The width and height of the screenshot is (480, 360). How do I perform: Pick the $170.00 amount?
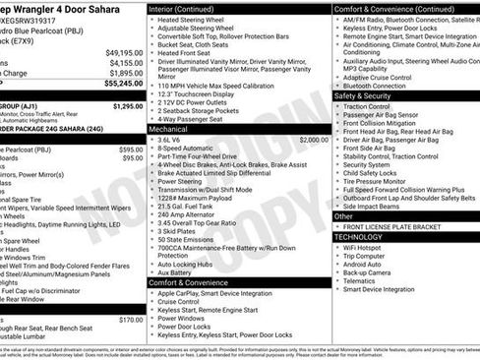point(130,319)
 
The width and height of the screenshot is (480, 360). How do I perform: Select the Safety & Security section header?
point(369,96)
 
